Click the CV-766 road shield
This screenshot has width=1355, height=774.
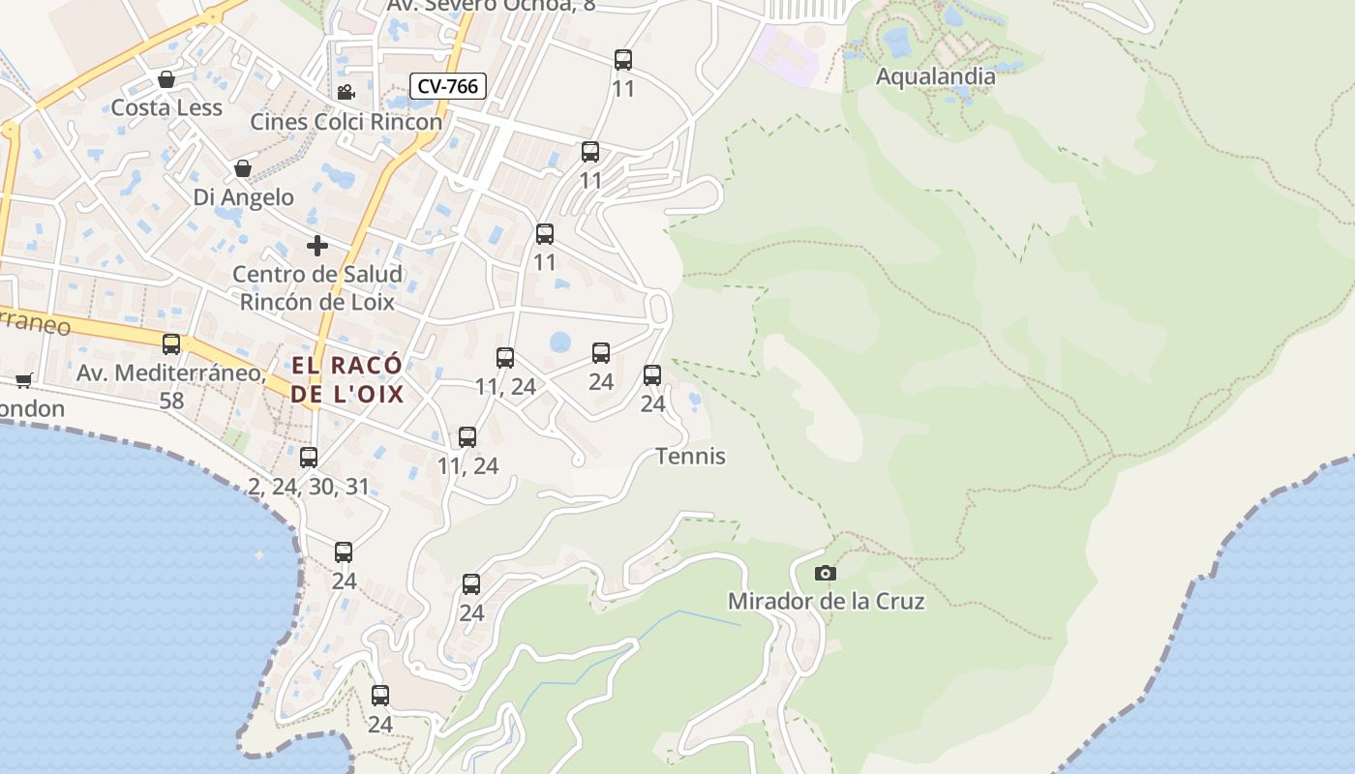(447, 86)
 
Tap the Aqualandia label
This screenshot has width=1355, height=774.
(935, 76)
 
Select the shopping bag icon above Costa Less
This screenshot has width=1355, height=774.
(166, 79)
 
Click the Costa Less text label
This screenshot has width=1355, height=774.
(166, 107)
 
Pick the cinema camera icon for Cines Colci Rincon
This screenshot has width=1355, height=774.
(346, 93)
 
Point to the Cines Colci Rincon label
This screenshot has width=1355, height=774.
(346, 122)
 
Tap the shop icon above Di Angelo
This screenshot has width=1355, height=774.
(243, 169)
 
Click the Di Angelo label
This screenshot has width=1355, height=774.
(243, 197)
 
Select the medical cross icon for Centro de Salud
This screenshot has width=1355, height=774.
(316, 246)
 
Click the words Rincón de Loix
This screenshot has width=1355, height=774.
(316, 302)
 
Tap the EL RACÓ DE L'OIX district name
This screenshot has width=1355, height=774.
(346, 380)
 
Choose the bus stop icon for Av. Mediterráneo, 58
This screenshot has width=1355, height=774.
(171, 344)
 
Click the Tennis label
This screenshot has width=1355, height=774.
(690, 456)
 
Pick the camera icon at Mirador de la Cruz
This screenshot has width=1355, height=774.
(825, 573)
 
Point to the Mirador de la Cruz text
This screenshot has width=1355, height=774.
(826, 601)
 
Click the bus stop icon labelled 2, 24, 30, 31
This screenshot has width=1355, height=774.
(309, 458)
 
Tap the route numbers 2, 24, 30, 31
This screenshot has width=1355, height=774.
(309, 487)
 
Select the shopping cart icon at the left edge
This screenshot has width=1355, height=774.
(23, 380)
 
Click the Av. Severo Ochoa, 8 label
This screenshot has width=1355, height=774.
(491, 6)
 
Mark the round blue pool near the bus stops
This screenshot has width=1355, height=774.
(560, 342)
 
